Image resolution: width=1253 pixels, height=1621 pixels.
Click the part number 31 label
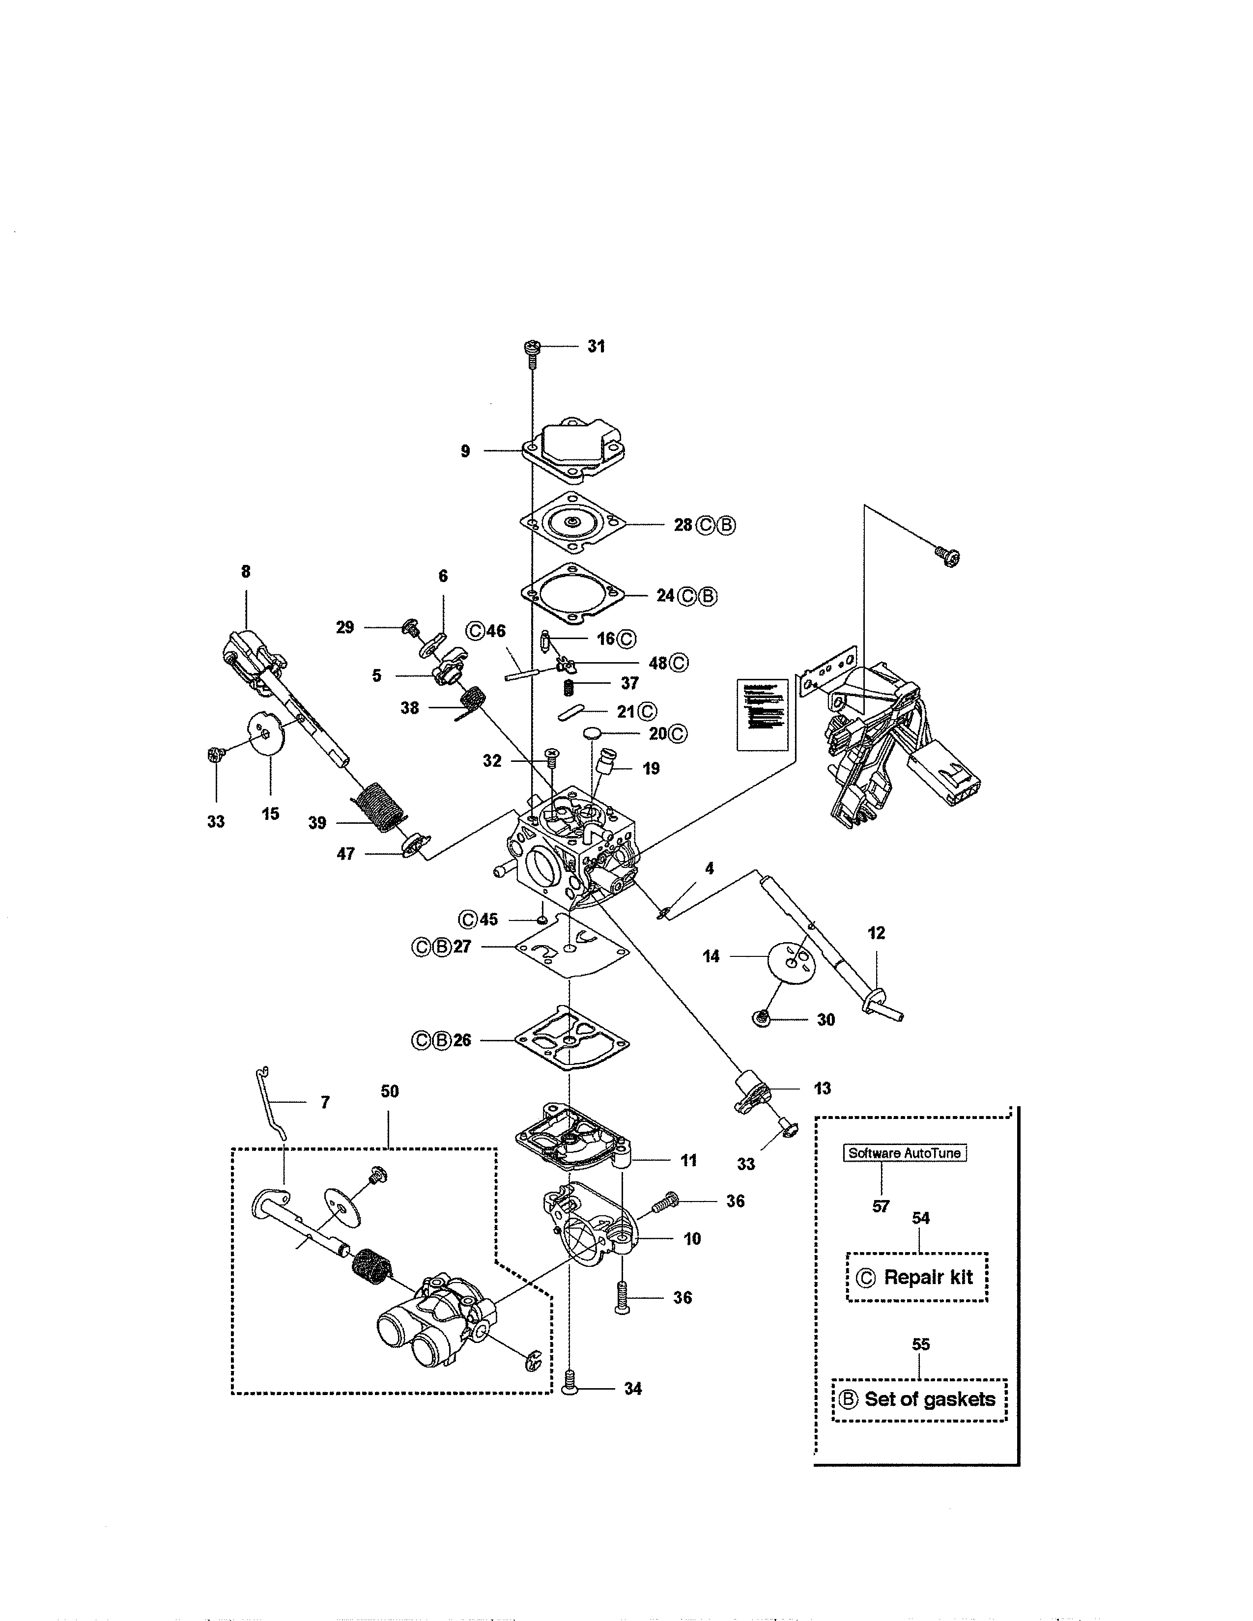point(596,347)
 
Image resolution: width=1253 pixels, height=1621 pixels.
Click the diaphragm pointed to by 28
point(571,523)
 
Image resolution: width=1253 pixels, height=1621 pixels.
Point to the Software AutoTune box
point(904,1153)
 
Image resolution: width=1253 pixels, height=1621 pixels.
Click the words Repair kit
point(928,1277)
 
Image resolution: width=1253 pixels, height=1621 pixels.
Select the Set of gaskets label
point(929,1399)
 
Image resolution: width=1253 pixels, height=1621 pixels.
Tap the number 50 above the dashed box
point(390,1091)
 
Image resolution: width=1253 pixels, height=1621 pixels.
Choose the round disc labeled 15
point(265,733)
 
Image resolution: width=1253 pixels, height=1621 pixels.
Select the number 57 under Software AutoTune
point(881,1206)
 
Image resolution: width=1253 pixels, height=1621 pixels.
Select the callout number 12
point(877,933)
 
